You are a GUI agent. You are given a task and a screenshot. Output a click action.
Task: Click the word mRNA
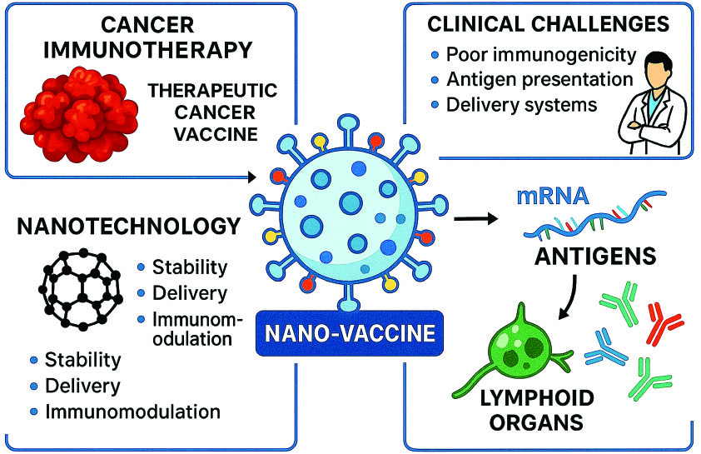click(554, 197)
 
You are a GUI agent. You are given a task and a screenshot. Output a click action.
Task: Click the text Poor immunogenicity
click(540, 56)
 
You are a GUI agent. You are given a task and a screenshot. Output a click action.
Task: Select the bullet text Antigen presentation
click(539, 81)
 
